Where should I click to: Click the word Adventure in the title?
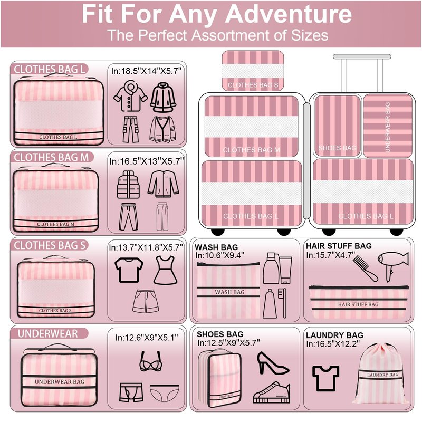[x=289, y=14]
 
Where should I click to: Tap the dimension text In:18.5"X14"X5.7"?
[x=147, y=71]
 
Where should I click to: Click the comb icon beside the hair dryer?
[x=365, y=268]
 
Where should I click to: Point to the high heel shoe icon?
[x=273, y=363]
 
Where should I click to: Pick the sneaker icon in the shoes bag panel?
[x=271, y=392]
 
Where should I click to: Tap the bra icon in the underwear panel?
[x=150, y=361]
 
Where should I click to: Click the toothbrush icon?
[x=282, y=303]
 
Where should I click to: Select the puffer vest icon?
[x=128, y=185]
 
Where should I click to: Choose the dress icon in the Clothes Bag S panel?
[x=165, y=270]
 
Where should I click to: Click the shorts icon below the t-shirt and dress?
[x=145, y=301]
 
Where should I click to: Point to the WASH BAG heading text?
[x=216, y=247]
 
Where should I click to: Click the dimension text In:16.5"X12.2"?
[x=333, y=344]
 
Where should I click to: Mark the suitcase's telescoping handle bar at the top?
[x=362, y=56]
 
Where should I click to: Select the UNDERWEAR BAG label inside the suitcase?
[x=388, y=127]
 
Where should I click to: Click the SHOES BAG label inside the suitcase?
[x=337, y=148]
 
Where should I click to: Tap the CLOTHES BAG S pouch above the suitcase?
[x=253, y=71]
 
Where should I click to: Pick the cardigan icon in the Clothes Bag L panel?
[x=163, y=129]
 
